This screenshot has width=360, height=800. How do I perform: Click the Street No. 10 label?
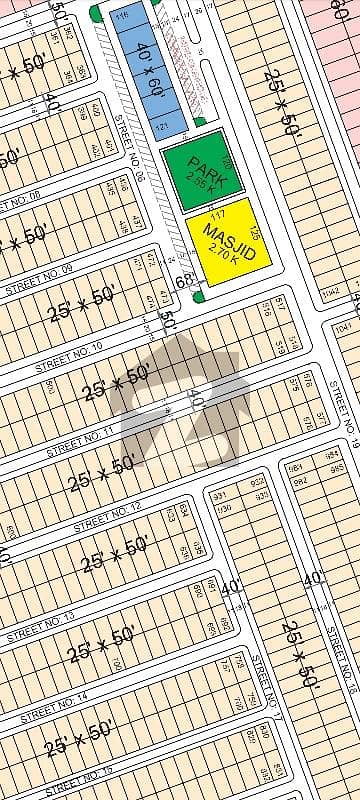[x=69, y=360]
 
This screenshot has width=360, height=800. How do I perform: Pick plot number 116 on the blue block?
[x=122, y=20]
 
